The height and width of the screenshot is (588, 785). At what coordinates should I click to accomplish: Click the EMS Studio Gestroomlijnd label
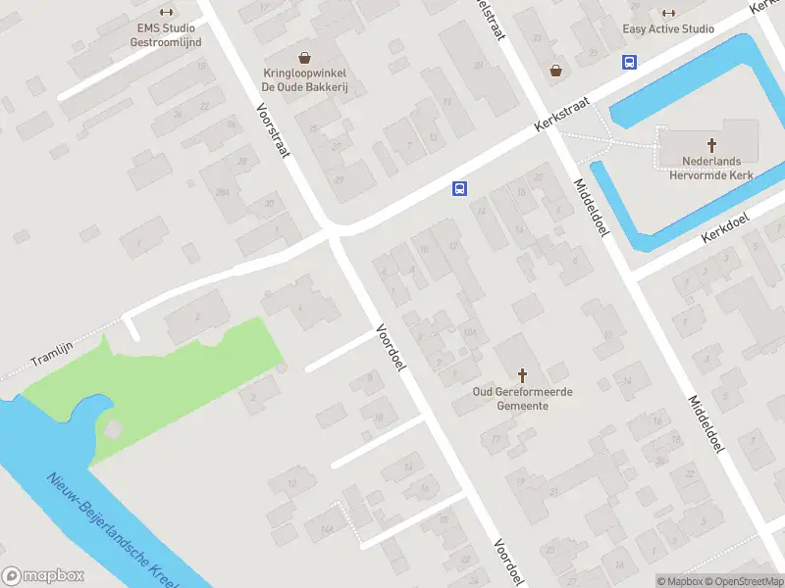click(166, 35)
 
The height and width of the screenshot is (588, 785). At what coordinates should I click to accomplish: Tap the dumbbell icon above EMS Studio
click(166, 13)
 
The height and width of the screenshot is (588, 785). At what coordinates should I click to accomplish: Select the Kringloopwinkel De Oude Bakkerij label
click(306, 80)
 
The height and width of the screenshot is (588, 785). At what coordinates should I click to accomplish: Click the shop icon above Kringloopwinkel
click(305, 58)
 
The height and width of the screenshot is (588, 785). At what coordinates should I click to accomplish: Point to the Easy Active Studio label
click(668, 28)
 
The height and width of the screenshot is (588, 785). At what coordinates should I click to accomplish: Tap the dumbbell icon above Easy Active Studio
click(668, 13)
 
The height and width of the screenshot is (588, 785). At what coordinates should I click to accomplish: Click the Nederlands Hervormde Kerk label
click(699, 168)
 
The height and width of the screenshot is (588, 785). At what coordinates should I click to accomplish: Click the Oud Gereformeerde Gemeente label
click(522, 398)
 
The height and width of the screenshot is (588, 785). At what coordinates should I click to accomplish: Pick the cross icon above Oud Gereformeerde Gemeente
click(522, 374)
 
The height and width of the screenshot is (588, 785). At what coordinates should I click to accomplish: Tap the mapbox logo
click(43, 576)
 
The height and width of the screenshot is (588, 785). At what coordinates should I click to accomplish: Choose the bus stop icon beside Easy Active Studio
click(629, 61)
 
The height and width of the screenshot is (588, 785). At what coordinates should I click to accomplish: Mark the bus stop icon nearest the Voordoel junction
click(458, 188)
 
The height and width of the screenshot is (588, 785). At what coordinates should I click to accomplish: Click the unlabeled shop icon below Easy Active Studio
click(557, 71)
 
